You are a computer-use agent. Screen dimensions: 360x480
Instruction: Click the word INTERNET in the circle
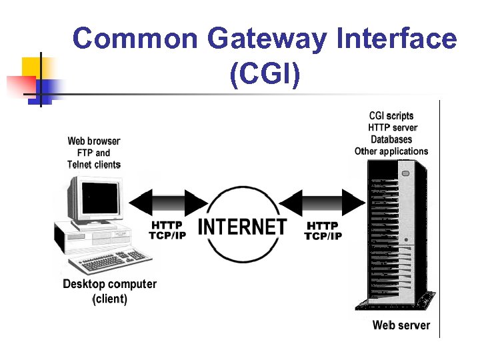(x=242, y=227)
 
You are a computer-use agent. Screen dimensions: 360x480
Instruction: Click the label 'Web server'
(x=401, y=325)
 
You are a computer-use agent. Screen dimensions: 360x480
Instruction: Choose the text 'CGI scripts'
(x=391, y=116)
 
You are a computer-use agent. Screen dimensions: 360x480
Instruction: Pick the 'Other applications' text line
(x=391, y=151)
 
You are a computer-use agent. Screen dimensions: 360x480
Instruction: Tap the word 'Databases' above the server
(x=391, y=139)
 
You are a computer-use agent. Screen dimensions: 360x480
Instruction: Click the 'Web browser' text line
(x=94, y=141)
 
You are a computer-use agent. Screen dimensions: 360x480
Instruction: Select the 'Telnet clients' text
(x=94, y=165)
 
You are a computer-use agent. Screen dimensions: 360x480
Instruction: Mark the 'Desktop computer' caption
(x=109, y=284)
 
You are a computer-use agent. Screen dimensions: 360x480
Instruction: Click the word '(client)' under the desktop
(x=109, y=299)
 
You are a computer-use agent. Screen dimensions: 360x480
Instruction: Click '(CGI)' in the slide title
(x=265, y=75)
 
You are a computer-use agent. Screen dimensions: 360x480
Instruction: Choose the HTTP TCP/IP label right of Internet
(x=323, y=231)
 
